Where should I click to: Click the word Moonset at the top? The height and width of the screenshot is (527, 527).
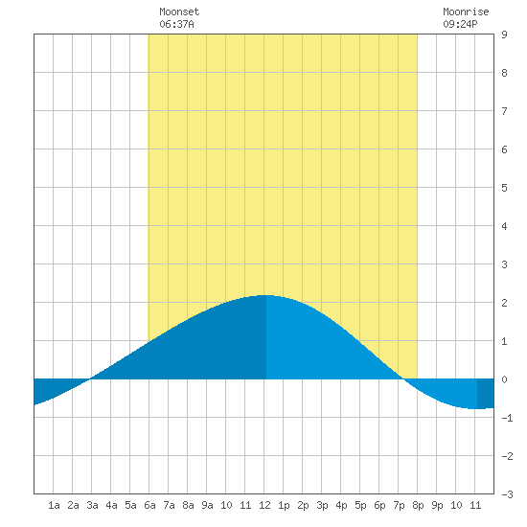click(x=179, y=11)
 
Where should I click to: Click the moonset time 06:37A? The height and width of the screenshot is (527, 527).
click(x=176, y=24)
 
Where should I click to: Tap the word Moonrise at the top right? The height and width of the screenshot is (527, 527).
click(x=466, y=11)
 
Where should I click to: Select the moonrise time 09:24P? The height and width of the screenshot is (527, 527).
click(x=460, y=24)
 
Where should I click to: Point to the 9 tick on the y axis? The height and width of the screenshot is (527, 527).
click(x=504, y=34)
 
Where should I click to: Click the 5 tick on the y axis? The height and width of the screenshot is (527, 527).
click(x=504, y=188)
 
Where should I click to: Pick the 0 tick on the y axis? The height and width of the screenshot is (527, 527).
click(x=504, y=379)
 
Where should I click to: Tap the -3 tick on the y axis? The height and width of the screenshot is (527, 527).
click(x=507, y=494)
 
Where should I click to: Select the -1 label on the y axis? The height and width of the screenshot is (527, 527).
click(x=507, y=418)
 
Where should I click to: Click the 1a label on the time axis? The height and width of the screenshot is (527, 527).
click(x=54, y=505)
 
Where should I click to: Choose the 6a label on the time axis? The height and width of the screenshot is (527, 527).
click(x=149, y=505)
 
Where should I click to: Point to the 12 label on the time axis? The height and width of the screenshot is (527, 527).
click(x=264, y=505)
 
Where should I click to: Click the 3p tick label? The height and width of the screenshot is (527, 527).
click(x=322, y=505)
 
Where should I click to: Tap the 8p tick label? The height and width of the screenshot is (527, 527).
click(x=418, y=505)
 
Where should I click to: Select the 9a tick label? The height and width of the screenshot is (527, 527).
click(x=207, y=505)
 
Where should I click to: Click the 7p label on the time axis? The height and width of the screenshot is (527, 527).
click(x=399, y=505)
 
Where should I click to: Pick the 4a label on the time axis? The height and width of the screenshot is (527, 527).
click(x=111, y=505)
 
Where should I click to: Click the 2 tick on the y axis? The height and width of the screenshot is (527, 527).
click(x=504, y=303)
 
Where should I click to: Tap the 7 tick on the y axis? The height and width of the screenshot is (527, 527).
click(x=504, y=111)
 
